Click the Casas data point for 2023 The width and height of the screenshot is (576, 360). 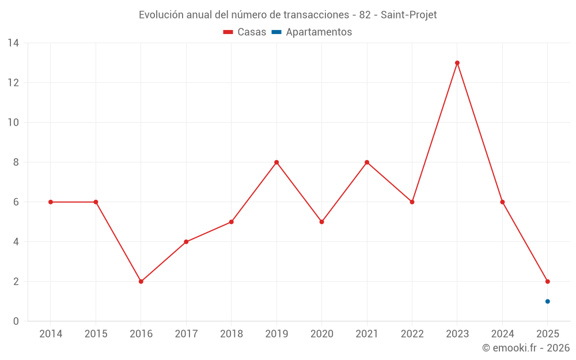[x=457, y=63]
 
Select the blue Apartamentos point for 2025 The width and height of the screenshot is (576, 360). [x=548, y=301]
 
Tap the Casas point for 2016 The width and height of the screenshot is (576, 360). [x=141, y=282]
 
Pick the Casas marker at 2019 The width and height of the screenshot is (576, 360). [x=276, y=162]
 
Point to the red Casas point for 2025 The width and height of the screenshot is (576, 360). [x=548, y=282]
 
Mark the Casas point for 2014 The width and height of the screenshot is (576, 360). [x=51, y=202]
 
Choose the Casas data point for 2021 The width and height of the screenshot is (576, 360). [x=367, y=162]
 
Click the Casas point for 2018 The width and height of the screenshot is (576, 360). [x=232, y=222]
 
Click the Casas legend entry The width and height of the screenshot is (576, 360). [x=245, y=32]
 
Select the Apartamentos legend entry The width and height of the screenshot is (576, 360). [x=312, y=32]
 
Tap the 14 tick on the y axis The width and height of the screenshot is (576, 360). [x=13, y=43]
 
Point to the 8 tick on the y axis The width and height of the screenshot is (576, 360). [x=16, y=162]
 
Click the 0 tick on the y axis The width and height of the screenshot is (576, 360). [x=16, y=321]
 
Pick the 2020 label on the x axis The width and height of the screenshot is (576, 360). [x=321, y=334]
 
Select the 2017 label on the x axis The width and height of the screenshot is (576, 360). [x=186, y=334]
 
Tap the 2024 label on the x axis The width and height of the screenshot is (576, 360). [x=502, y=334]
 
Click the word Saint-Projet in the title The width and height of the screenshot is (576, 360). [x=409, y=15]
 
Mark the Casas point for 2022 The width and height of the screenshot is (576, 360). [x=412, y=202]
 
